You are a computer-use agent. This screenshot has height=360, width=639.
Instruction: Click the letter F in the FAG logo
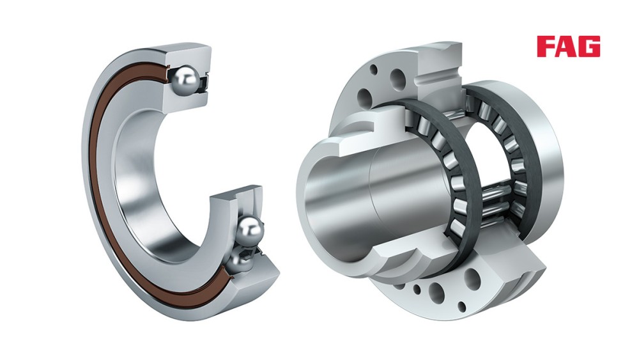[545, 46]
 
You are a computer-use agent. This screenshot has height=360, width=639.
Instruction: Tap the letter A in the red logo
[566, 46]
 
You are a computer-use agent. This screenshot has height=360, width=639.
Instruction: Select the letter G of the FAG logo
[589, 46]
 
